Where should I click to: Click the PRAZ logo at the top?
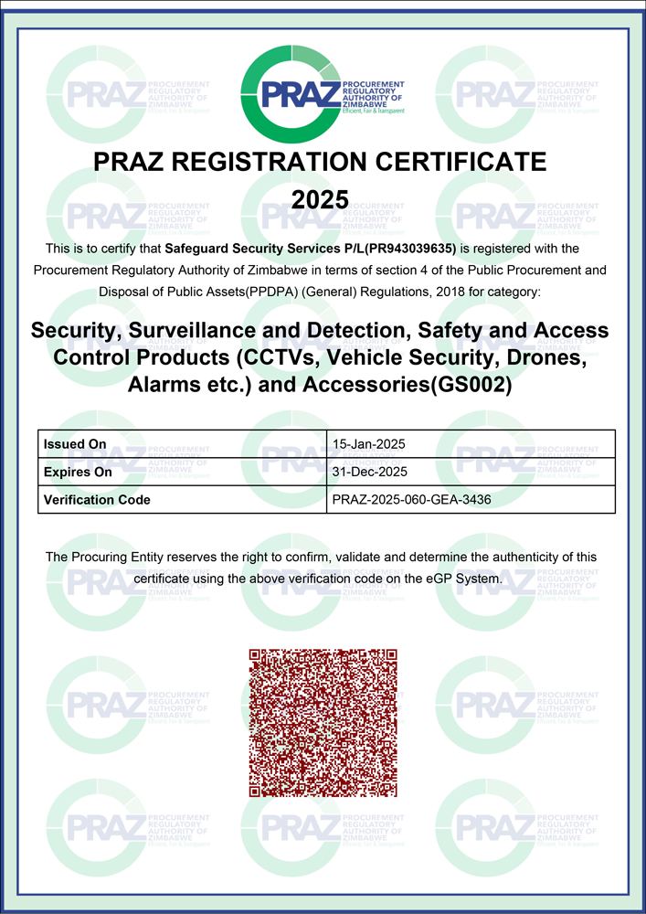(x=322, y=93)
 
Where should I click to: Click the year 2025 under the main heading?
(x=321, y=198)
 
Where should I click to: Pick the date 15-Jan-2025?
(x=368, y=444)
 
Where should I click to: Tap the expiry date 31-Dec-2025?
(x=369, y=472)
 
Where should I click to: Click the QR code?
(x=323, y=722)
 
